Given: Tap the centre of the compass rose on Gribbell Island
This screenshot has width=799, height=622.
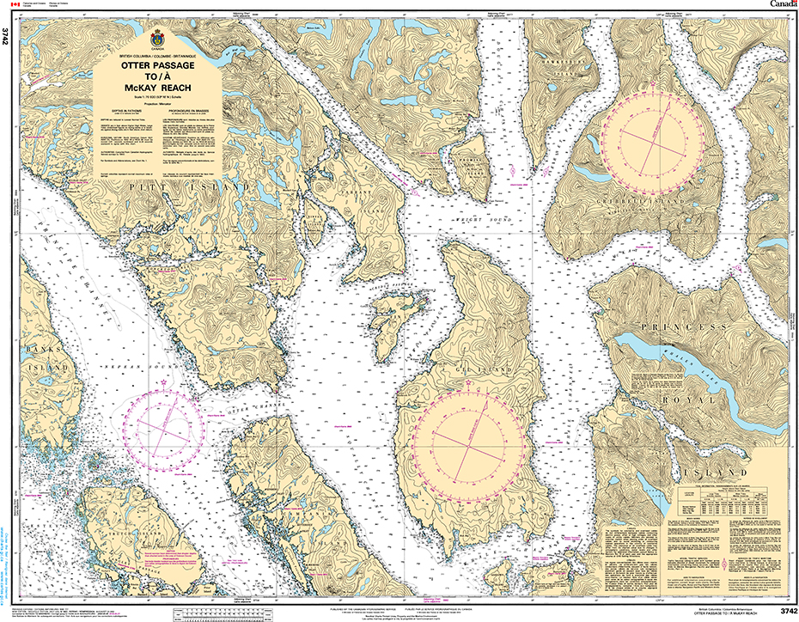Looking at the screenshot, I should coord(658,138).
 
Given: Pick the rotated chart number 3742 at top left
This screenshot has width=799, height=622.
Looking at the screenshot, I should coord(7,37).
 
